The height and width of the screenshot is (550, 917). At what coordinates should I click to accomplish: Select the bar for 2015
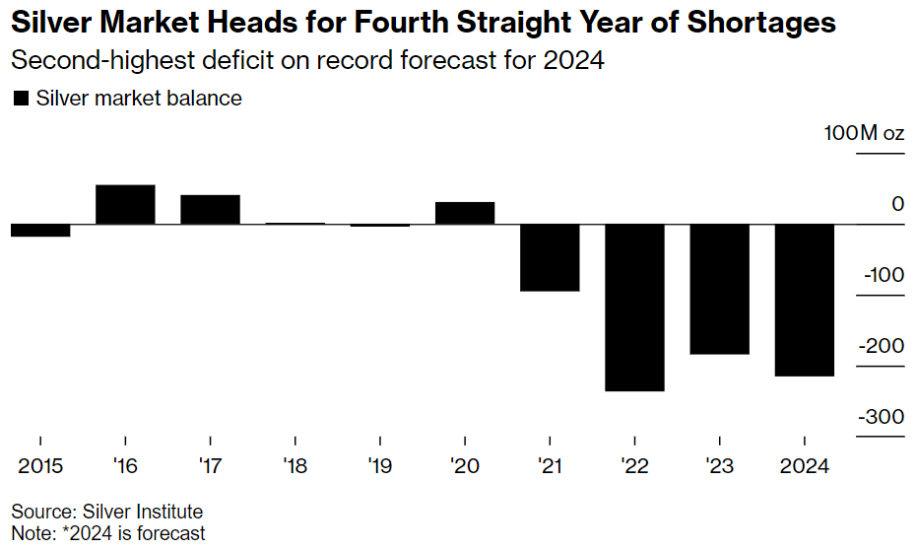pos(40,231)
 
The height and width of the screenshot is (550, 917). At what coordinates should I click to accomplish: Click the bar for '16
pos(125,205)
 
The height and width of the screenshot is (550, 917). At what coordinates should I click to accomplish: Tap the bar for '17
pos(210,210)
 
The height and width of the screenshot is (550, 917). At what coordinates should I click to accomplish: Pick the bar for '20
pos(465,214)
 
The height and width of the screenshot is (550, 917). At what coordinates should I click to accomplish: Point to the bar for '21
pos(550,258)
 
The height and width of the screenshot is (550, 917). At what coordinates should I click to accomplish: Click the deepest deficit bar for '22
pos(634,308)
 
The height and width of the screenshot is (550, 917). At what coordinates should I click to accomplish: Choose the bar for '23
pos(720,289)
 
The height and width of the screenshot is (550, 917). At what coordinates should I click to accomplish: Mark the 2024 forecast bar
pos(805,300)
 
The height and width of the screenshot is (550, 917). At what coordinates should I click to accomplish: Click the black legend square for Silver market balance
pos(20,98)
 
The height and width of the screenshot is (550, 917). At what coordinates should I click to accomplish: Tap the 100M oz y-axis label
pos(864,134)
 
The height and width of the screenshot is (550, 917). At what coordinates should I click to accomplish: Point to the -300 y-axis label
pos(881,417)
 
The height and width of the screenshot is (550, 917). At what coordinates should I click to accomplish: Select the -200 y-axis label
pos(881,346)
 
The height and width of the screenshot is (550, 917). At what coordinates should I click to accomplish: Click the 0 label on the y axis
pos(897,204)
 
